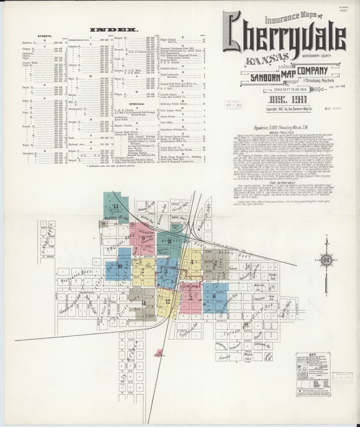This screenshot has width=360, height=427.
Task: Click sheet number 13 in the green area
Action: [116, 207]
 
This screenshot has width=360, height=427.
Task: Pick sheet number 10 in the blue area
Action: [120, 265]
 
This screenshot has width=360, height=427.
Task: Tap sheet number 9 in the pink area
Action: [143, 239]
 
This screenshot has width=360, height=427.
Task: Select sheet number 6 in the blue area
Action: [214, 295]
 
